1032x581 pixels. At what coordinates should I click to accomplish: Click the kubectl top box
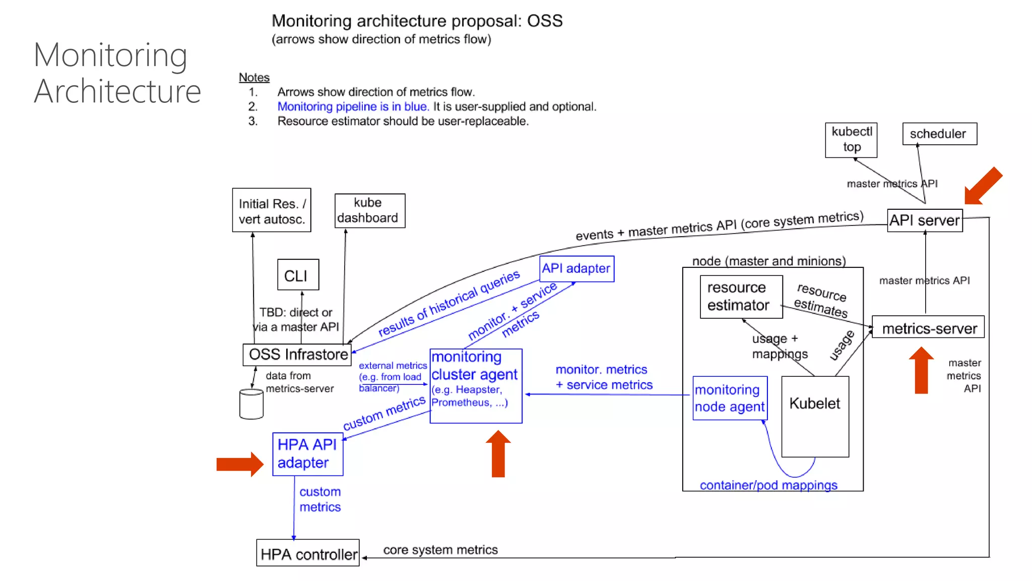[851, 140]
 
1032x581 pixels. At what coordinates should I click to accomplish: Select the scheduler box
[939, 134]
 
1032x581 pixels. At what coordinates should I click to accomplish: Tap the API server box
[925, 220]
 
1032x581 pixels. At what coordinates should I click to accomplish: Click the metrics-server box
[928, 328]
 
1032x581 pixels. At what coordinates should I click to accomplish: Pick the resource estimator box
[741, 297]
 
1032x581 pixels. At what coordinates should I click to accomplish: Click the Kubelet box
[815, 416]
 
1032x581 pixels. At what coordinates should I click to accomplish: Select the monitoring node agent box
[730, 398]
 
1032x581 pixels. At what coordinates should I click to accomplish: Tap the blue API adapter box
[576, 268]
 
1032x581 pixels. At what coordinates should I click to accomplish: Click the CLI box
[298, 275]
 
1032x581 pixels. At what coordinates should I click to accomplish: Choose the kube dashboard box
[369, 210]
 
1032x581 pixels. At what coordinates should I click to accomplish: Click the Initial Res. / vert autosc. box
[271, 210]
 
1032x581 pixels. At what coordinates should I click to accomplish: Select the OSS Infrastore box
[297, 355]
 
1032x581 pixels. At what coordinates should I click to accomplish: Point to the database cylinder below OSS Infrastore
[251, 404]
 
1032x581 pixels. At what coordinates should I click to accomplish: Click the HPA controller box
[308, 553]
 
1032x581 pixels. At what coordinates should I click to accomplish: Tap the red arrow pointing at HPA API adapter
[239, 463]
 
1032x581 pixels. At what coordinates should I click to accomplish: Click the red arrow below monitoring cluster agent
[498, 453]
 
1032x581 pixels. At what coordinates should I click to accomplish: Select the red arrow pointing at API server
[983, 186]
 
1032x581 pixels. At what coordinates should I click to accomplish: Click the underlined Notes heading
[254, 77]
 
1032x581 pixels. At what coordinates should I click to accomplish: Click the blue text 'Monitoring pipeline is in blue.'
[353, 106]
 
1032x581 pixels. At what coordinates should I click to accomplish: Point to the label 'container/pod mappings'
[768, 485]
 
